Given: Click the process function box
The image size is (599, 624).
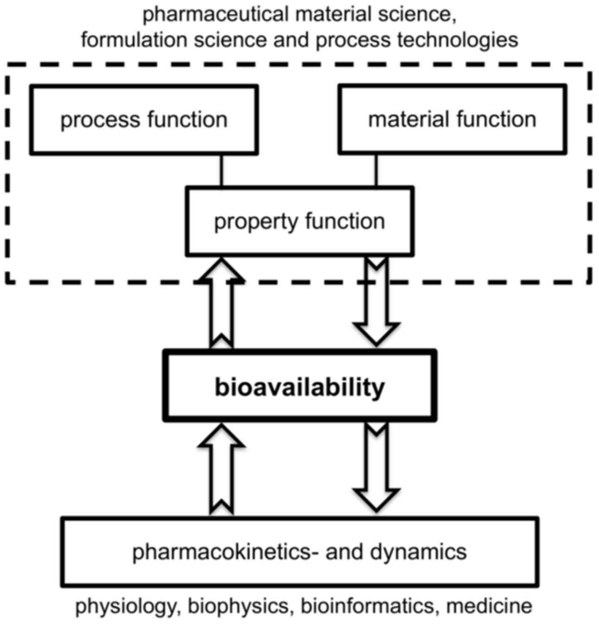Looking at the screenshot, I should point(144,120).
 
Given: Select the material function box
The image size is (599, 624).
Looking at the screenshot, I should point(452,120).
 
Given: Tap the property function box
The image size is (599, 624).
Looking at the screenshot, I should point(299,221).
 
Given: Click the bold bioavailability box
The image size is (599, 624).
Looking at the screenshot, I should point(299,386).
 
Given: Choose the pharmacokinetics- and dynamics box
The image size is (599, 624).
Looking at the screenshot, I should point(299,552).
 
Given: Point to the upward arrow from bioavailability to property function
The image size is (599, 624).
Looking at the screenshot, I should point(221,304).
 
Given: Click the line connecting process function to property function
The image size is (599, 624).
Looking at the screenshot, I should point(221,170).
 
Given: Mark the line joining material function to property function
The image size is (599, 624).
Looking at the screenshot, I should point(376,170).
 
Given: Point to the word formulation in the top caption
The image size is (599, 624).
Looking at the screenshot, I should point(134,40).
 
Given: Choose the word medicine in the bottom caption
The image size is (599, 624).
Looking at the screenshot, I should point(489,606).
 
